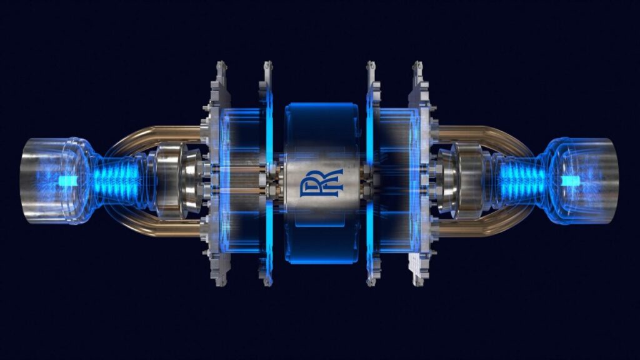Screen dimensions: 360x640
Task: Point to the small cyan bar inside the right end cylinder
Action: (570, 181)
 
